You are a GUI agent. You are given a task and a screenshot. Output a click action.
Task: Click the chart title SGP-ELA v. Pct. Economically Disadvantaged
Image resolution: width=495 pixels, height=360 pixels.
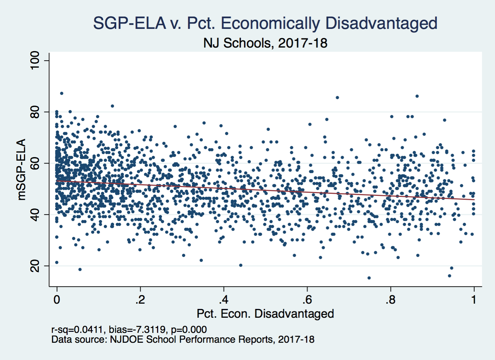click(265, 23)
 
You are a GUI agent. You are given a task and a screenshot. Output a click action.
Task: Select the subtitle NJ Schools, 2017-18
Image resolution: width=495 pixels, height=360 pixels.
click(265, 43)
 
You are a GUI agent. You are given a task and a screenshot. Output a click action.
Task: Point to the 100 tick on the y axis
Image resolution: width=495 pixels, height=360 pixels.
click(35, 61)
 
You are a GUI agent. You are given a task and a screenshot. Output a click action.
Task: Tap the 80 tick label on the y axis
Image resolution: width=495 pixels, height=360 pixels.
click(35, 112)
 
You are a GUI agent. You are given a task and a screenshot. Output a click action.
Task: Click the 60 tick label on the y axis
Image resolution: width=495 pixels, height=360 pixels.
click(35, 163)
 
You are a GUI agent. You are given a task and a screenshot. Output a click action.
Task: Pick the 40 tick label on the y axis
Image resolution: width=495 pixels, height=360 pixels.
click(35, 215)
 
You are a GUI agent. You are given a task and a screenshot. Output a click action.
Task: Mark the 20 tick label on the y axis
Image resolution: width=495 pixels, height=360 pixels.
click(35, 266)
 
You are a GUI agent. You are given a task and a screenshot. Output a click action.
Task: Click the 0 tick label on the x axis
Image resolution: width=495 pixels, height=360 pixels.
click(57, 300)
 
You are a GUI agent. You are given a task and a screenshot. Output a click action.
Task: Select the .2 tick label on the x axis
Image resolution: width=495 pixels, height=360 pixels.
click(140, 300)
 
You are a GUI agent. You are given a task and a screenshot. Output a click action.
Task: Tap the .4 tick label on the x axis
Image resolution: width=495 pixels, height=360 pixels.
click(224, 300)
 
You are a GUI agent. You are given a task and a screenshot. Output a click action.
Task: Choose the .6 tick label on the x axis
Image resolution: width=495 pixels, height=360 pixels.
click(307, 300)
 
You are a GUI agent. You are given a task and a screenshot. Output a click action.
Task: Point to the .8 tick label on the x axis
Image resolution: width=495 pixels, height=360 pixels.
click(390, 300)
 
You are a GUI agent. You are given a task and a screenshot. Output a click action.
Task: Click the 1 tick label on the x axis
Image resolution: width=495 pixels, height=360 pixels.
click(474, 300)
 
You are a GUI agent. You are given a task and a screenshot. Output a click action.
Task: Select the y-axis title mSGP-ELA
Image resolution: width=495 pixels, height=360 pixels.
click(21, 169)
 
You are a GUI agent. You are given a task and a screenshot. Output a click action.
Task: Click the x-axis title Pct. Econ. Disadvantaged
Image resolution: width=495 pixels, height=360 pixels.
click(265, 314)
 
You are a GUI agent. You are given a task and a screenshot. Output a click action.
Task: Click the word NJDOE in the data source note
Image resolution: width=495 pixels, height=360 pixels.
click(125, 340)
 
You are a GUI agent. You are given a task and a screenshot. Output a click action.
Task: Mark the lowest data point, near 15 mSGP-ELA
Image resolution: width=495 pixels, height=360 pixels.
click(369, 278)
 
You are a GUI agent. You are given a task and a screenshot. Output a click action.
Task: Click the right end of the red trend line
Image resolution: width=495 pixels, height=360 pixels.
click(474, 200)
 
